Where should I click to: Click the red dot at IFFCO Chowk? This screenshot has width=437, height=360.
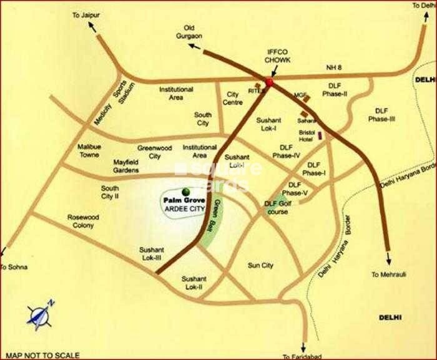(x=270, y=81)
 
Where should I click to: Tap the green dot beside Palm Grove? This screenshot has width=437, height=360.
(x=185, y=191)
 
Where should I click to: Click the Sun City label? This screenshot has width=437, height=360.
(x=260, y=265)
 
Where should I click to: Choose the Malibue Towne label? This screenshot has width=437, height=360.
(x=89, y=150)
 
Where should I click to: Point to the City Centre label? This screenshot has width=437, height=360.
(x=234, y=98)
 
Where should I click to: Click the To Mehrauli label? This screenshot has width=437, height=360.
(x=388, y=273)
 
